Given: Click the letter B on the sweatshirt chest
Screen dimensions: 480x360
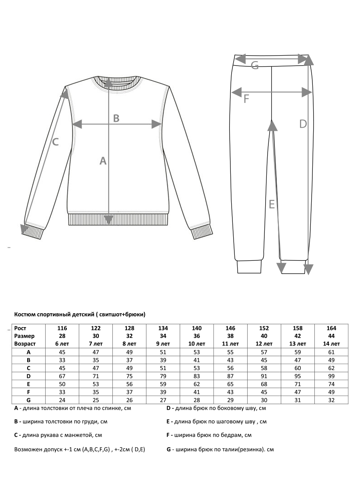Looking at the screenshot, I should (116, 118).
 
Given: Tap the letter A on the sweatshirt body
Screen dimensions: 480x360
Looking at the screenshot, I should (103, 161).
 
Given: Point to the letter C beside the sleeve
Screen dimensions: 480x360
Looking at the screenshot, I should (56, 142).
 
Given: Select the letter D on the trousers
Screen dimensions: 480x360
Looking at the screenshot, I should (303, 124).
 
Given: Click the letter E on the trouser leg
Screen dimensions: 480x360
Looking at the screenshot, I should (272, 204).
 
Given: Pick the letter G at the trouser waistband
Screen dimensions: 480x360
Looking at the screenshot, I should (255, 66).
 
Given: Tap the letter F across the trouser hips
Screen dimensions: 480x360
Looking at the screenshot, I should (246, 98).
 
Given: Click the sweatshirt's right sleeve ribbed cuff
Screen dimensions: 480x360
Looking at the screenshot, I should (201, 232).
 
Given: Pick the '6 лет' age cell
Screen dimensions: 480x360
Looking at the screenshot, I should (62, 344).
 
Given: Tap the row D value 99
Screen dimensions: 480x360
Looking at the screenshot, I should (331, 376).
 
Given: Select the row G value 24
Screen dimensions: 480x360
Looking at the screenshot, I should (62, 399).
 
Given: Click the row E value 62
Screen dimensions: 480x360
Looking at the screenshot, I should (197, 384).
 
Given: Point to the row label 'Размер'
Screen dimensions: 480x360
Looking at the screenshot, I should (24, 336).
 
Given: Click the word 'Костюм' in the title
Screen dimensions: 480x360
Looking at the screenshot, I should (24, 314).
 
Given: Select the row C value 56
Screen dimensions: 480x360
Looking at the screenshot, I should (230, 368).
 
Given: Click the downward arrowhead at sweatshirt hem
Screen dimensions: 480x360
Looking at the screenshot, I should (108, 220).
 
